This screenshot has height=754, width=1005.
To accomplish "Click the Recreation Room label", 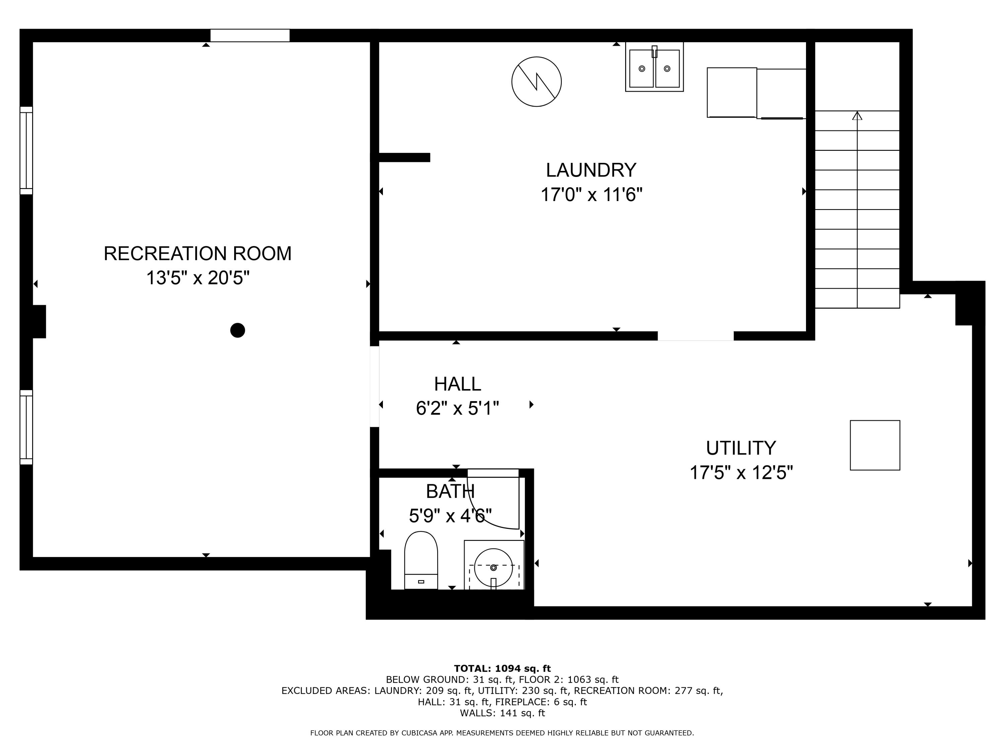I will (x=197, y=254).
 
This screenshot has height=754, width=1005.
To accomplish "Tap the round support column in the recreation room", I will (x=238, y=330).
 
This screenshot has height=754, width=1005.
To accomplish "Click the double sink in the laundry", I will (x=654, y=68).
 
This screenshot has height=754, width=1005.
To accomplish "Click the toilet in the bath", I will (x=421, y=560).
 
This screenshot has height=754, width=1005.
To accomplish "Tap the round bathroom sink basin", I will (x=493, y=567).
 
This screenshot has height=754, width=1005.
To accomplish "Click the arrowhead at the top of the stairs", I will (x=857, y=116).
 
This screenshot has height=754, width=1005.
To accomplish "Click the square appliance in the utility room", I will (x=875, y=445).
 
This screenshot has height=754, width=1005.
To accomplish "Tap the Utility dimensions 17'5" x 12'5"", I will (x=741, y=473).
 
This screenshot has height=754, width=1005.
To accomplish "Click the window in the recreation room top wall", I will (x=250, y=36).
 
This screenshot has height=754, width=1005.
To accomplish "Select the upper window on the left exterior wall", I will (x=26, y=150).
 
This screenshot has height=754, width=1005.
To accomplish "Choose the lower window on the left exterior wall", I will (x=26, y=427).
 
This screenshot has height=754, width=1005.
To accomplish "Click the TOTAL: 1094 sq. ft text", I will (x=502, y=669).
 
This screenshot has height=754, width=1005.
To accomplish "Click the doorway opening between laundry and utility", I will (x=695, y=336).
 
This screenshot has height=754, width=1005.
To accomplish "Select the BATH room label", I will (x=450, y=491).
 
